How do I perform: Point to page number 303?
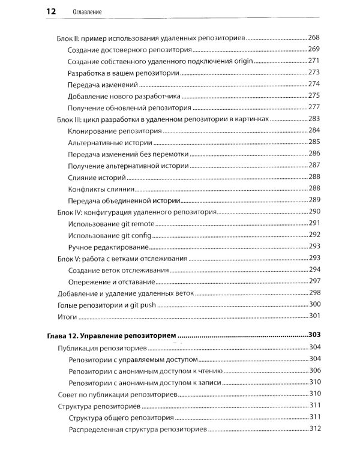pyautogui.click(x=314, y=335)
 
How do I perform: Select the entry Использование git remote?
pyautogui.click(x=112, y=224)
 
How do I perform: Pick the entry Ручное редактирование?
pyautogui.click(x=108, y=247)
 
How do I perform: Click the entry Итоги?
pyautogui.click(x=67, y=316)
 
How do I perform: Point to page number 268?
pyautogui.click(x=314, y=38)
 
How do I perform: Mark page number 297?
pyautogui.click(x=314, y=281)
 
